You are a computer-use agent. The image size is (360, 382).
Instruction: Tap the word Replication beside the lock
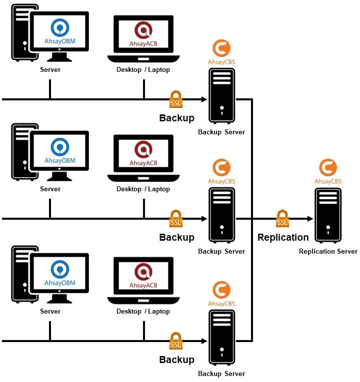click(x=283, y=238)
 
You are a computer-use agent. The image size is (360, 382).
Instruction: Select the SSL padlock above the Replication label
click(x=282, y=219)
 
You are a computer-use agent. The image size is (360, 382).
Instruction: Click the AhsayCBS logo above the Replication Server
click(x=328, y=168)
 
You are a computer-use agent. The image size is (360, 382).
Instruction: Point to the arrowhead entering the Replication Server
click(x=310, y=219)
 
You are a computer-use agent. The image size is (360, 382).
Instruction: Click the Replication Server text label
click(x=328, y=251)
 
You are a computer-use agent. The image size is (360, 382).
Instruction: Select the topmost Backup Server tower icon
click(x=221, y=96)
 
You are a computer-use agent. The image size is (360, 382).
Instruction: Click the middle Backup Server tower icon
click(x=221, y=216)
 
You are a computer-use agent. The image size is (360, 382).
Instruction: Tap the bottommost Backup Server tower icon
click(x=221, y=338)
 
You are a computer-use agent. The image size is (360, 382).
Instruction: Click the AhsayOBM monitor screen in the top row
click(x=59, y=31)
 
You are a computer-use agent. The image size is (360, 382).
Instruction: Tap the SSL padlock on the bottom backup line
click(x=176, y=342)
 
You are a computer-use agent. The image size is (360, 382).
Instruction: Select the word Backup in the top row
click(x=176, y=118)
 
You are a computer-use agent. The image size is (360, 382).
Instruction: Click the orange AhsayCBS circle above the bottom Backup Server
click(x=221, y=290)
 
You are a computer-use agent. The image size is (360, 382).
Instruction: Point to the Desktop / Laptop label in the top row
click(x=143, y=70)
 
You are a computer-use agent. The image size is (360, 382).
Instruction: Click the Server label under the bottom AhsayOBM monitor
click(x=50, y=311)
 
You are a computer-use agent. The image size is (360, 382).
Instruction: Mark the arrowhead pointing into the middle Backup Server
click(x=204, y=219)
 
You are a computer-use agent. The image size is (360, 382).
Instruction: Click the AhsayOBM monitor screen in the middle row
click(x=59, y=150)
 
